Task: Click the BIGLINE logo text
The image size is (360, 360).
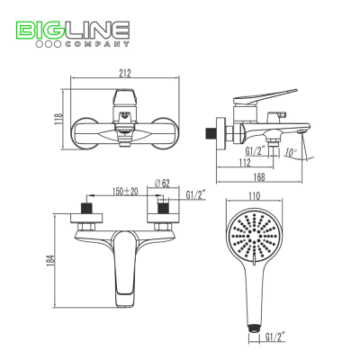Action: (x=72, y=30)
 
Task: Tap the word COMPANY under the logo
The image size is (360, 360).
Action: (x=97, y=44)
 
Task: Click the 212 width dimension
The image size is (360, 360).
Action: (x=124, y=73)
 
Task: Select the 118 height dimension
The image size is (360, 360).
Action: (x=58, y=120)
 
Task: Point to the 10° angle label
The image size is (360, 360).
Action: (x=291, y=152)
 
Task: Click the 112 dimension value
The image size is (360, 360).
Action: (x=245, y=163)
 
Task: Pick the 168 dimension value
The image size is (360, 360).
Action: (x=259, y=177)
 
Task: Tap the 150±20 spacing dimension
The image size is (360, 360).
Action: (x=125, y=191)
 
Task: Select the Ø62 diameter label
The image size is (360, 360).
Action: (x=162, y=184)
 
